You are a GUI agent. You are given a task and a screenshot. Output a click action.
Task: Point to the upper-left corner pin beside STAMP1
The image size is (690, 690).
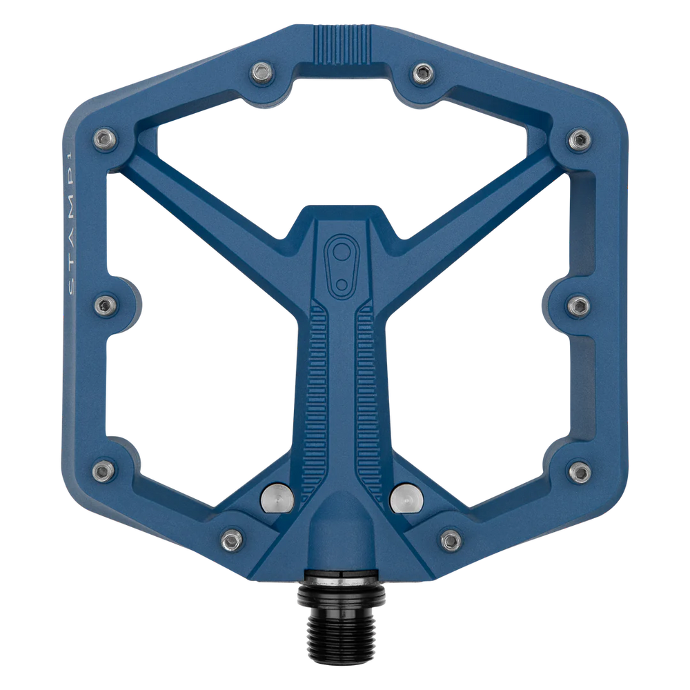[x=103, y=139]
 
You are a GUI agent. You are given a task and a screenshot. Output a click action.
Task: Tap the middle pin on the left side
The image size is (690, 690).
[x=103, y=304]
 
